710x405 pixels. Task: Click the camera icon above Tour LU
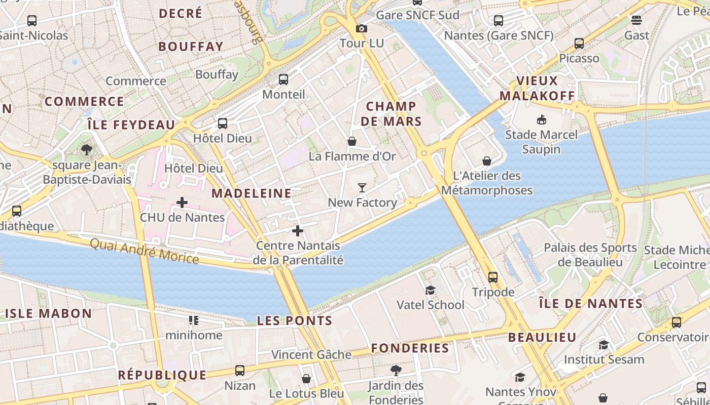pos(361,29)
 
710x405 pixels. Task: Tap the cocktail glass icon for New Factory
pos(362,188)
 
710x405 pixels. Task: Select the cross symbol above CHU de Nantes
pos(182,203)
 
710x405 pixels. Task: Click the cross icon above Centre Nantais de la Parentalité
pos(298,231)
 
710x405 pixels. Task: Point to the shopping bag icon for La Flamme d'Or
pos(352,141)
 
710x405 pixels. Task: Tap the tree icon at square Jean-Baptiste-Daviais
pos(87,149)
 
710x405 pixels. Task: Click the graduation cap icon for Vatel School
pos(430,290)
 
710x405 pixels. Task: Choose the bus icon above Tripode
pos(493,277)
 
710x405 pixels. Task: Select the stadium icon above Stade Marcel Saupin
pos(541,120)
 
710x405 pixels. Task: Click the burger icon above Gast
pos(636,20)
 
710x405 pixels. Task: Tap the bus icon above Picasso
pos(579,44)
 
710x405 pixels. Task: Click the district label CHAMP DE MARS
pos(394,114)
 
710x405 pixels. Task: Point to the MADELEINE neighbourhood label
pos(252,193)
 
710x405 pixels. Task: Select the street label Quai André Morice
pos(145,251)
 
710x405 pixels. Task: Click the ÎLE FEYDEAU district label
pos(131,125)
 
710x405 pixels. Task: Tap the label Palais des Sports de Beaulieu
pos(590,255)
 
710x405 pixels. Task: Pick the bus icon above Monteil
pos(283,79)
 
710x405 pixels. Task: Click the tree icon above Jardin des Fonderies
pos(396,371)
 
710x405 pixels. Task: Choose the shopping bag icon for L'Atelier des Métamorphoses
pos(487,161)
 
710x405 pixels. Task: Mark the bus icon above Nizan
pos(240,371)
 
